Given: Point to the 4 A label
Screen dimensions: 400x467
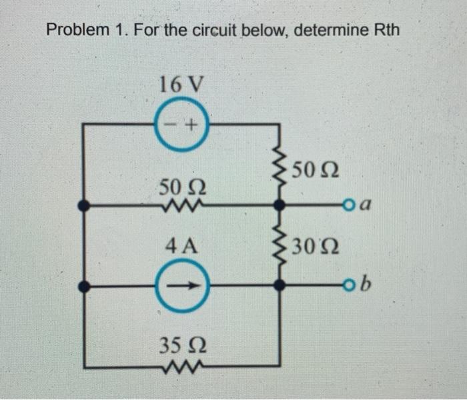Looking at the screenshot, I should click(x=180, y=247).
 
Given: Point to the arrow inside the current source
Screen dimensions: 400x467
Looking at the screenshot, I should click(x=181, y=286).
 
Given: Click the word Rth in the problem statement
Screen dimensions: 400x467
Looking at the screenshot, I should click(x=385, y=31).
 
